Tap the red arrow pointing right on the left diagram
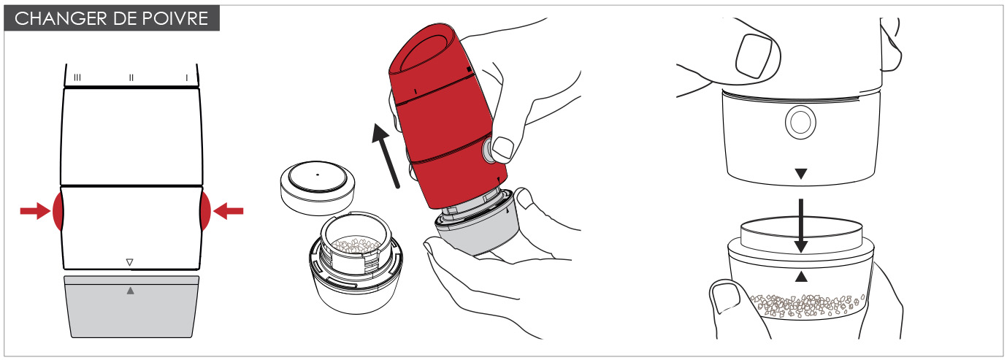tap(35, 211)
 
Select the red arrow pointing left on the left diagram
tap(228, 211)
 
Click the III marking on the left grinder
tap(77, 77)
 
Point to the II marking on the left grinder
tap(131, 77)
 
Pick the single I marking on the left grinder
tap(186, 77)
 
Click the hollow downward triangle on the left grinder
tap(130, 261)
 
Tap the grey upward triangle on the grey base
tap(131, 291)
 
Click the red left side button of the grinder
tap(58, 211)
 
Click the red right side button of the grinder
tap(205, 211)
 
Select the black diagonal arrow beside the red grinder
tap(385, 156)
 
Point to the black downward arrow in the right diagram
tap(800, 226)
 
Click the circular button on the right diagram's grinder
tap(800, 122)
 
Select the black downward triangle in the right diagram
tap(800, 174)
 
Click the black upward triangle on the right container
tap(801, 277)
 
